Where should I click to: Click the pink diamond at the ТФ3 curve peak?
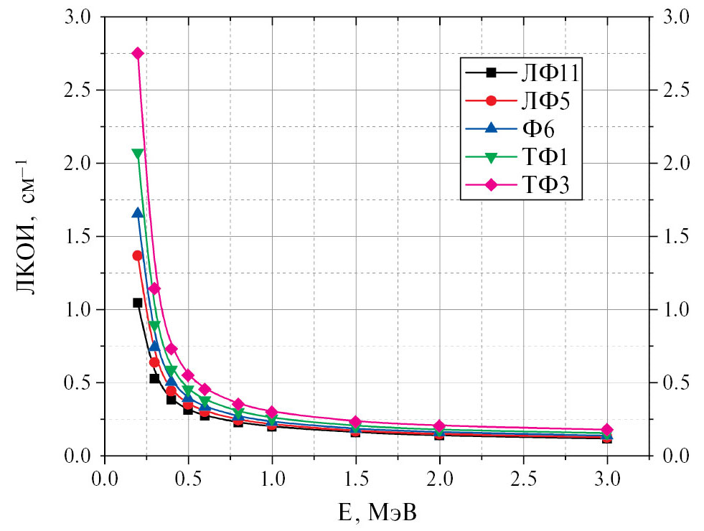(x=138, y=54)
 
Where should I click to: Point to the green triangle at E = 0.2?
(x=138, y=153)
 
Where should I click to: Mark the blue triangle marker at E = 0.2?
(x=138, y=212)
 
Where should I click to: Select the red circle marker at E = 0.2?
(x=138, y=255)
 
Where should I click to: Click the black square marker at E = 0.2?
(x=138, y=303)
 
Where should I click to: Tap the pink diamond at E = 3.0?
(x=607, y=430)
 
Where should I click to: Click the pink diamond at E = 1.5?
(x=356, y=421)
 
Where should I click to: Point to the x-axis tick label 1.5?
(x=356, y=477)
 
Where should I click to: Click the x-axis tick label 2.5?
(x=523, y=477)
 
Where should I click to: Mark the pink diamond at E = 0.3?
(x=154, y=288)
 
